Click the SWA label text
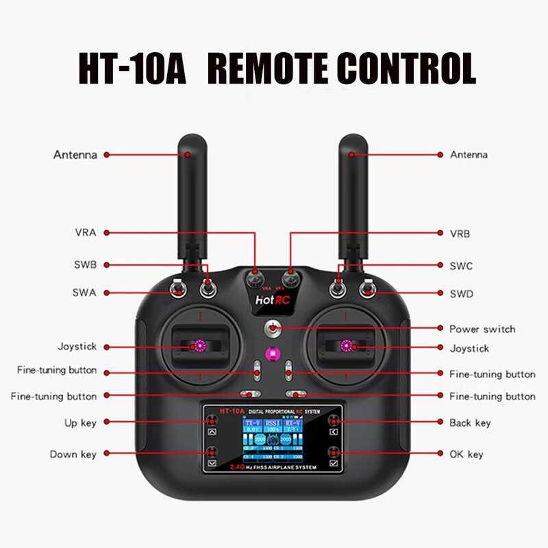pos(84,292)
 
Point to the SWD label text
pos(462,293)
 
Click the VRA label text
pos(85,232)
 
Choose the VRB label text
pos(460,234)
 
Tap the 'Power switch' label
pos(482,329)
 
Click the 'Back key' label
pos(470,423)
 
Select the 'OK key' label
pos(466,454)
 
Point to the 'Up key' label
pos(79,423)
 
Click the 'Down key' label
pos(73,454)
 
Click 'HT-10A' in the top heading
pos(132,68)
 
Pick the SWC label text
pos(461,266)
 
